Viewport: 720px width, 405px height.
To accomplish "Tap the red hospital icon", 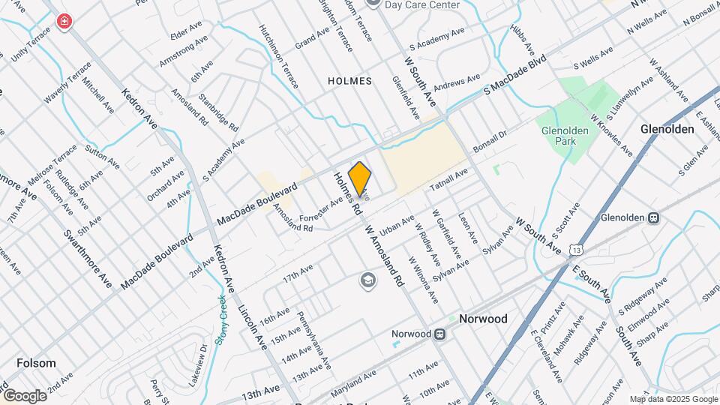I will tap(64, 21).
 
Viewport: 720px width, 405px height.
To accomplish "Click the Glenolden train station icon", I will tap(653, 218).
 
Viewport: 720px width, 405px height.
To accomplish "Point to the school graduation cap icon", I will tap(367, 281).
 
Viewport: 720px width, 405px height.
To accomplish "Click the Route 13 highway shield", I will tap(575, 248).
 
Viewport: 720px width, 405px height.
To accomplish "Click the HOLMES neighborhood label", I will tap(349, 81).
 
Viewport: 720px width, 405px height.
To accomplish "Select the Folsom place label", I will tap(36, 363).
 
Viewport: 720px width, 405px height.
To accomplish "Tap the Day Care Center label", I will tap(421, 5).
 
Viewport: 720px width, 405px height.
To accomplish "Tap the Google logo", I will tap(24, 395).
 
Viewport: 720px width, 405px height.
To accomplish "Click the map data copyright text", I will tap(673, 399).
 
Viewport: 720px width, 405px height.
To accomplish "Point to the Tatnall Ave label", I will tap(448, 181).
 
